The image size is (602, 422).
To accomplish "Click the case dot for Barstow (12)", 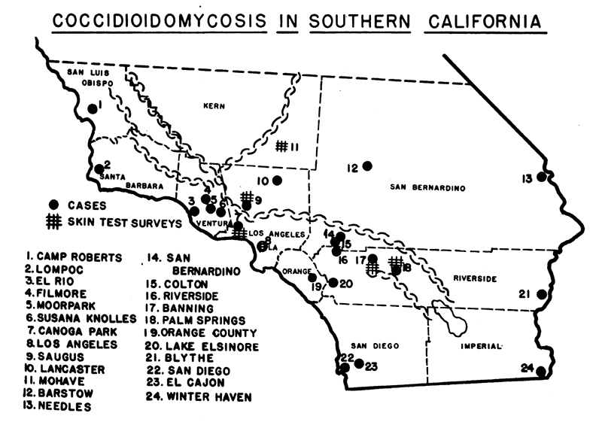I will point(367,166).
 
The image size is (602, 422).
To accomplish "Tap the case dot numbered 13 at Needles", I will point(540,178).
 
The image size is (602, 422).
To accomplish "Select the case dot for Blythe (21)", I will point(540,294).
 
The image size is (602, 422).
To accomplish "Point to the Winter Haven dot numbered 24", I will point(541,371).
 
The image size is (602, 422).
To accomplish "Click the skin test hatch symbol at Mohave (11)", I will point(282,146).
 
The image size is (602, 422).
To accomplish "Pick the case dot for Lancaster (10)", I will point(277,180).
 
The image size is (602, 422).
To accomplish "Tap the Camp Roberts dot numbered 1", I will point(92,108).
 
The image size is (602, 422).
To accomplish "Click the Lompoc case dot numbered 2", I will point(99,169).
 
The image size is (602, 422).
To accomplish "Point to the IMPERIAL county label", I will point(482,346).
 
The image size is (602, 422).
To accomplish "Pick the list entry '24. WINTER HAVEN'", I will point(199,396).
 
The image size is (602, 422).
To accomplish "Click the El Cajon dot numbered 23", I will point(359,365).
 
